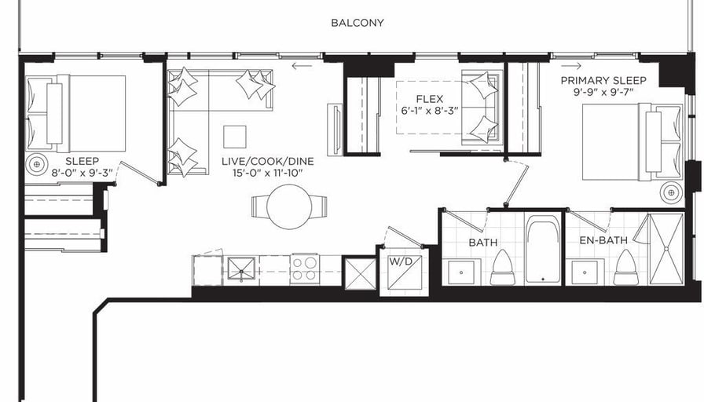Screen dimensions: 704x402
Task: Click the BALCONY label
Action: coord(357,23)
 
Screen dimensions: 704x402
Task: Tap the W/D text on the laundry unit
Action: coord(400,261)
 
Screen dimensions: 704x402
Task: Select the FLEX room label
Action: coord(430,99)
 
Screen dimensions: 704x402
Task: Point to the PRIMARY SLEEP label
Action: coord(603,80)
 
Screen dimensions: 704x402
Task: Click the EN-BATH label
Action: coord(603,240)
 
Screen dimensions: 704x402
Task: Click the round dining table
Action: coord(289,206)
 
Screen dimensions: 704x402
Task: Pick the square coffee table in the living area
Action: coord(235,137)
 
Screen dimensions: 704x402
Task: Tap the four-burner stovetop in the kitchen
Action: coord(305,269)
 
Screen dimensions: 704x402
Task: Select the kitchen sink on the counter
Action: coord(241,269)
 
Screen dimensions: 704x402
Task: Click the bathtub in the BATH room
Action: coord(543,250)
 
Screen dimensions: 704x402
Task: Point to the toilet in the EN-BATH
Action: coord(626,268)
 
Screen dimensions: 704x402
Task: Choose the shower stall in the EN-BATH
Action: coord(666,249)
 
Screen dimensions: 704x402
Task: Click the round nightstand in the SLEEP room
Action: coord(37,164)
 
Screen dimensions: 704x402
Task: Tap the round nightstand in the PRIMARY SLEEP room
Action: coord(671,192)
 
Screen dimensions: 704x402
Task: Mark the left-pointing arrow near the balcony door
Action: coord(302,67)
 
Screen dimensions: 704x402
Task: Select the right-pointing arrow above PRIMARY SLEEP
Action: coord(571,66)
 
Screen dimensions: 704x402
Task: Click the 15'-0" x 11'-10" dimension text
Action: coord(268,173)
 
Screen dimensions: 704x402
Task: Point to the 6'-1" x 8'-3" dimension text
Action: coord(430,111)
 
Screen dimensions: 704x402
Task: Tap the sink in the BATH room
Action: coord(461,272)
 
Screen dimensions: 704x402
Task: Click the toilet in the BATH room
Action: coord(502,268)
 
